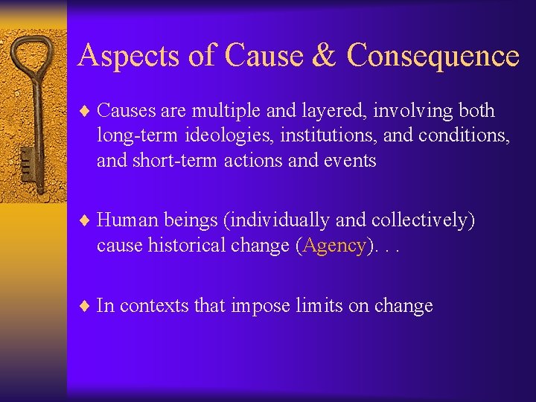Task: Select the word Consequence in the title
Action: (433, 56)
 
